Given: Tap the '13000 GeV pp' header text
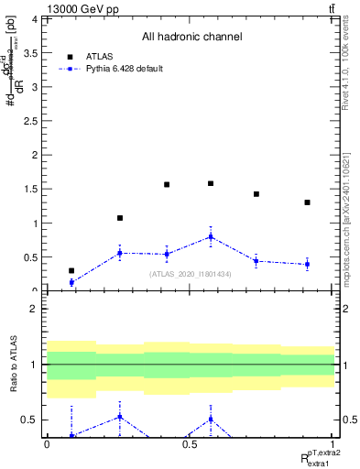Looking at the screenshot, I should coord(82,9).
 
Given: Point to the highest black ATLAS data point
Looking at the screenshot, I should coord(211,183).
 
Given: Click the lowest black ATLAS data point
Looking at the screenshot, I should coord(71,270).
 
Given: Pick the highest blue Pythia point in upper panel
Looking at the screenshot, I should coord(211,236).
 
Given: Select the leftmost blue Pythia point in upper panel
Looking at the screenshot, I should coord(71,282).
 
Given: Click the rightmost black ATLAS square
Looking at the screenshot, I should coord(308,202).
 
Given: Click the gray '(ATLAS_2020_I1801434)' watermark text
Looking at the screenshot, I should coord(191,274).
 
